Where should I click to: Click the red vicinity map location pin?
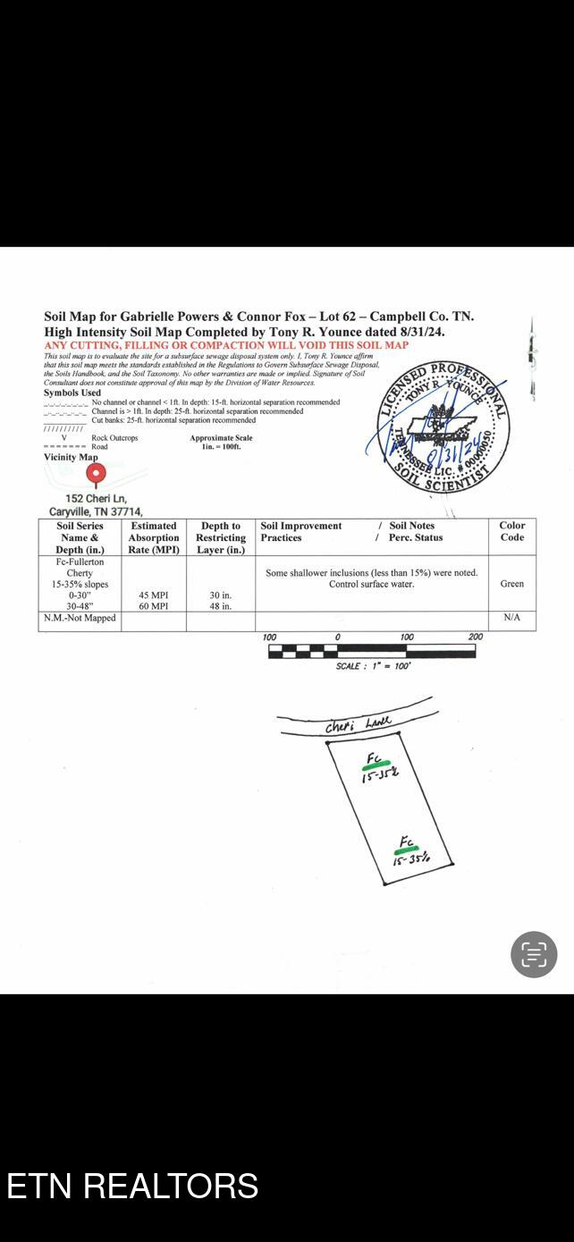[x=95, y=473]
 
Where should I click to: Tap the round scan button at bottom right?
[x=534, y=954]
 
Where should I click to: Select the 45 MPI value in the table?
[x=154, y=595]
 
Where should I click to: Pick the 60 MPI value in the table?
[x=154, y=606]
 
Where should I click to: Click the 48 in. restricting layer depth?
[x=221, y=606]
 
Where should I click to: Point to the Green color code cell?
[x=512, y=584]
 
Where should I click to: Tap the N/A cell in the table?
[x=512, y=618]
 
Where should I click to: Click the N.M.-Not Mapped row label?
[x=80, y=618]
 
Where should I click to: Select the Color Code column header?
[x=512, y=531]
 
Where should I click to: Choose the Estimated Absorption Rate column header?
[x=154, y=537]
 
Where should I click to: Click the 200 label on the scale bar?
[x=476, y=638]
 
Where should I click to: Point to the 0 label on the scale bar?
[x=337, y=638]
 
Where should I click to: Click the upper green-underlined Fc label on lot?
[x=375, y=760]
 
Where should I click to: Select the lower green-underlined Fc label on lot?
[x=407, y=842]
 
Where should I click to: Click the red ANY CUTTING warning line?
[x=226, y=345]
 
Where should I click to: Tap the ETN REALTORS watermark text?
[x=132, y=1186]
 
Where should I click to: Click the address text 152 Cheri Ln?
[x=96, y=498]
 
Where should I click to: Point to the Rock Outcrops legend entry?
[x=114, y=438]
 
